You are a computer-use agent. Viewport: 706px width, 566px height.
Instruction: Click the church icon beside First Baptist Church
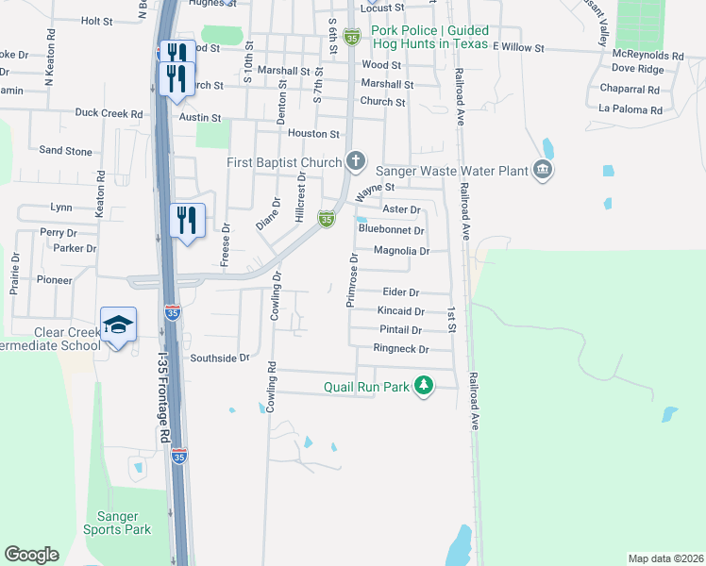[356, 161]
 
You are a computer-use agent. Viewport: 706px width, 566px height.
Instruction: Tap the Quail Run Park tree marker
[425, 386]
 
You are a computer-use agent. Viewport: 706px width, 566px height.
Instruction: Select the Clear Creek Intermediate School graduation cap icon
[120, 326]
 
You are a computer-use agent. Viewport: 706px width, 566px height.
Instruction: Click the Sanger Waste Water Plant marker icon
[543, 170]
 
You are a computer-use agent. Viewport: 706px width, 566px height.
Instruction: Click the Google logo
[31, 555]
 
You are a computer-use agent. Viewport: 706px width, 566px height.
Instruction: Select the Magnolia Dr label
[402, 251]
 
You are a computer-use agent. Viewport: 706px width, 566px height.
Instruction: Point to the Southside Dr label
[219, 358]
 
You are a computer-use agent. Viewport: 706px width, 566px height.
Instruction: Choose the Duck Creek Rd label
[109, 113]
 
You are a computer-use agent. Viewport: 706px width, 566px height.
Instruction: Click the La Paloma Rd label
[630, 109]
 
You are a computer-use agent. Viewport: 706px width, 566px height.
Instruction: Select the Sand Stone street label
[65, 151]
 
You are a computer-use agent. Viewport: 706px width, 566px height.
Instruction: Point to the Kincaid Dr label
[400, 310]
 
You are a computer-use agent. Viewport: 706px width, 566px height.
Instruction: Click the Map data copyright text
[665, 558]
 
